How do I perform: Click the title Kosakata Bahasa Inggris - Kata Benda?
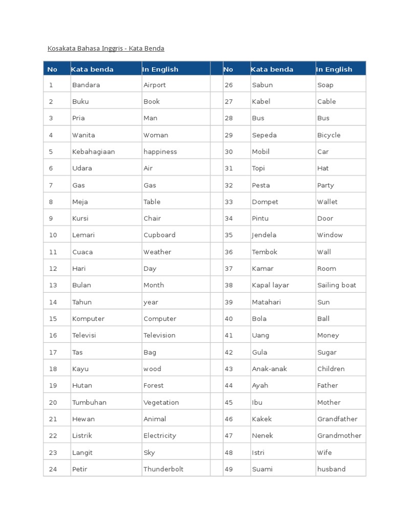click(x=106, y=49)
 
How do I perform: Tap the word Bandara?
click(x=86, y=85)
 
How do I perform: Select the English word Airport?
click(x=155, y=85)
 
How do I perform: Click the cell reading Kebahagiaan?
click(x=94, y=152)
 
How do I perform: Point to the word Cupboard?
click(x=159, y=235)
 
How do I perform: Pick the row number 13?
click(x=53, y=286)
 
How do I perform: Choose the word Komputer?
click(x=88, y=319)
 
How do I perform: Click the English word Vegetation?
click(x=161, y=403)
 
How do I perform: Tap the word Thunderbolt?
click(x=163, y=469)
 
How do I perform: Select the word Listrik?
click(x=82, y=436)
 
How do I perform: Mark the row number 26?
click(x=229, y=85)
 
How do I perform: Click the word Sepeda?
click(x=264, y=135)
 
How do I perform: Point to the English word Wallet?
click(x=327, y=202)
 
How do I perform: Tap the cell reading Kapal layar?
click(x=270, y=286)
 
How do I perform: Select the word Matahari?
click(x=266, y=302)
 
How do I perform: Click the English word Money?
click(x=328, y=336)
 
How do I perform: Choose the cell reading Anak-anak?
click(x=269, y=369)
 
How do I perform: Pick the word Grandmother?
click(x=339, y=436)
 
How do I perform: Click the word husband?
click(x=331, y=469)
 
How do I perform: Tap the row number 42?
click(x=229, y=353)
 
